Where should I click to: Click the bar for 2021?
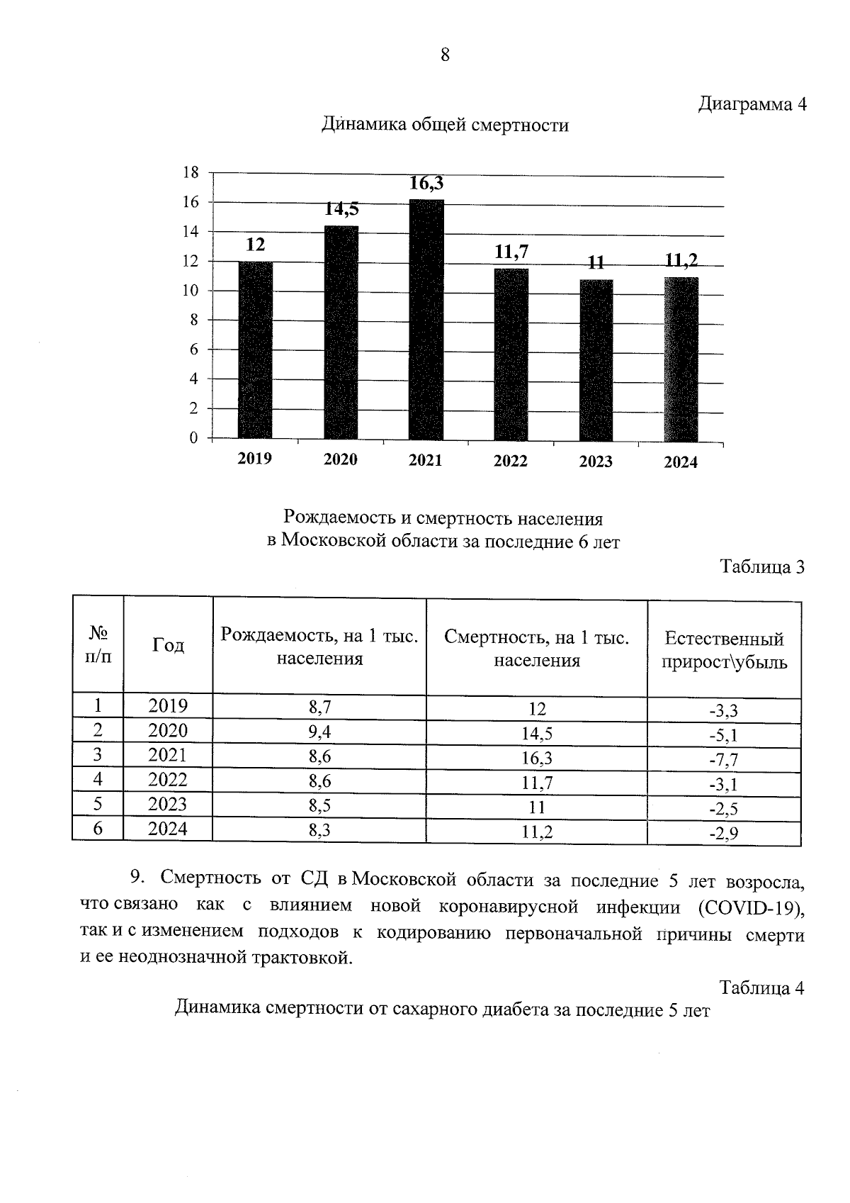[426, 319]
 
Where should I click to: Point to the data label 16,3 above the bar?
[426, 184]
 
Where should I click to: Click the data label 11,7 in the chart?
[511, 252]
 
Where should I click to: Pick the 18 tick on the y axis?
[190, 172]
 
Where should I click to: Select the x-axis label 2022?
[511, 461]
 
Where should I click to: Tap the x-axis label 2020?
[341, 459]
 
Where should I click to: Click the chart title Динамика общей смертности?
[445, 125]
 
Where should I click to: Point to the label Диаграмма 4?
[752, 104]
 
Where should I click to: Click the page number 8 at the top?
[445, 55]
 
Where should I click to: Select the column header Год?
[169, 645]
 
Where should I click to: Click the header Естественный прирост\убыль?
[724, 651]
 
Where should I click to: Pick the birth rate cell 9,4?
[319, 732]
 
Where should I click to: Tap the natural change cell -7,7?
[724, 760]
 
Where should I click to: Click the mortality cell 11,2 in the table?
[537, 832]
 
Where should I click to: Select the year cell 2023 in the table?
[168, 805]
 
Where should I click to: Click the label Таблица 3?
[762, 567]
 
